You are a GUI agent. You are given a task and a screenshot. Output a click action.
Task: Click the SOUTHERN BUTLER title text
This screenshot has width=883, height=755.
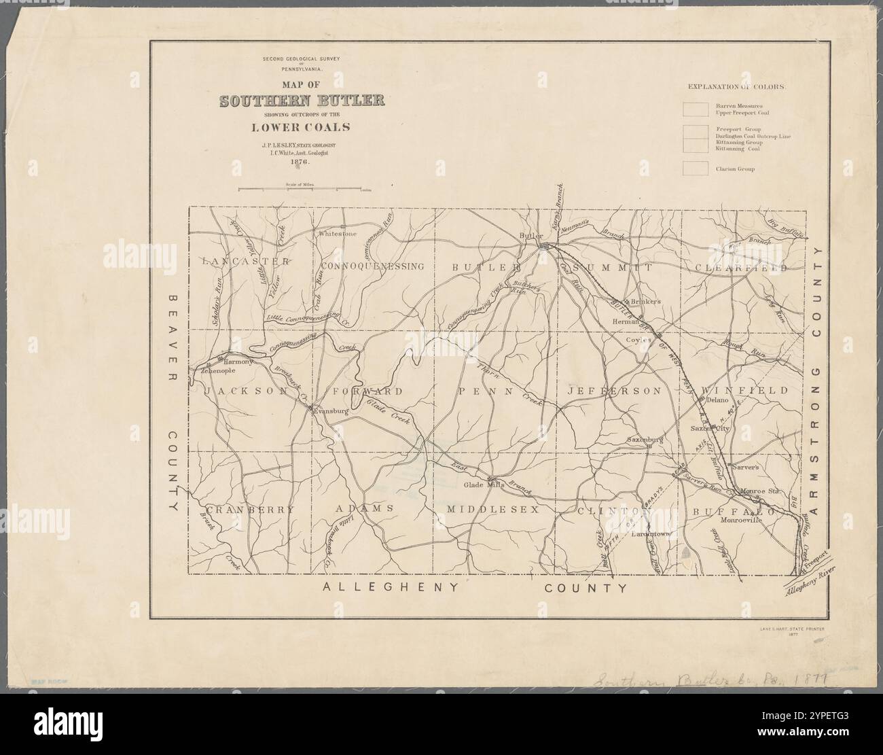(302, 102)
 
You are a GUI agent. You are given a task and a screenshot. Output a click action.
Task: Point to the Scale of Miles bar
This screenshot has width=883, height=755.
(300, 190)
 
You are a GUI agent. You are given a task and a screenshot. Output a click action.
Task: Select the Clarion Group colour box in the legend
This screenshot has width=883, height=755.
(695, 168)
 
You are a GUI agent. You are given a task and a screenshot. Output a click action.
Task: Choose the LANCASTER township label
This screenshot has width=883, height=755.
(247, 261)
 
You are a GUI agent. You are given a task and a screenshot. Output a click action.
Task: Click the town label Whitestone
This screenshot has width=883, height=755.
(338, 234)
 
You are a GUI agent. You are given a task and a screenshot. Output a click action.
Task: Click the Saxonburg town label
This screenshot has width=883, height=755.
(645, 440)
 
